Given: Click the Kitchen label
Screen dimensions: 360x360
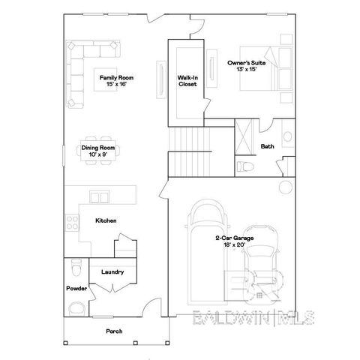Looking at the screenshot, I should (106, 220).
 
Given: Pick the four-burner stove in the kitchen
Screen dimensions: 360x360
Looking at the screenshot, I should (73, 222).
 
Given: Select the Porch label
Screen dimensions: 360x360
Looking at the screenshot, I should (114, 331).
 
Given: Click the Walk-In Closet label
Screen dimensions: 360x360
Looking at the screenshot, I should (187, 80).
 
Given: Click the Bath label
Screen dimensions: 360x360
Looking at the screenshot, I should (267, 145).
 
